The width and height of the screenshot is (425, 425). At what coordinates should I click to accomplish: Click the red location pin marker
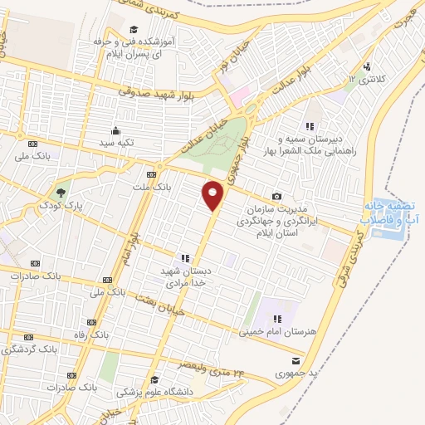pyautogui.click(x=213, y=196)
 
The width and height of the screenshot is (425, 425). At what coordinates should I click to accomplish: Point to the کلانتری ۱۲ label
pyautogui.click(x=363, y=78)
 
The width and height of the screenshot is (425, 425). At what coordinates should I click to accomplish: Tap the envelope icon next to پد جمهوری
pyautogui.click(x=296, y=361)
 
